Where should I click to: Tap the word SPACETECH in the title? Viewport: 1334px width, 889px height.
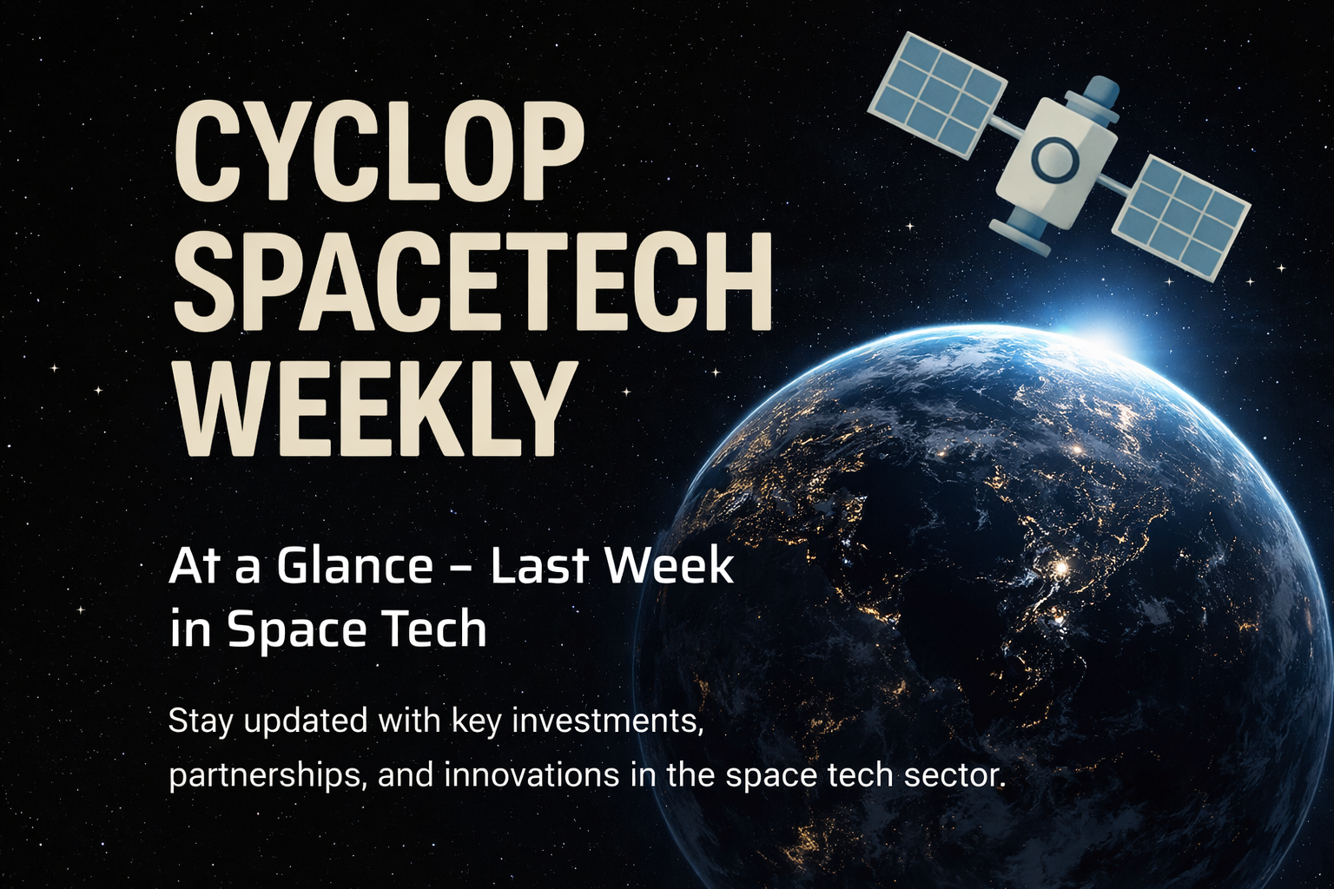pyautogui.click(x=472, y=280)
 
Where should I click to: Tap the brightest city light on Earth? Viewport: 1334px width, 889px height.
pyautogui.click(x=1060, y=570)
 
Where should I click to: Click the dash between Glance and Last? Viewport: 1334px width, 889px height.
pyautogui.click(x=461, y=570)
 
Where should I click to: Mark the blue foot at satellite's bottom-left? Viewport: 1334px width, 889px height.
pyautogui.click(x=1014, y=231)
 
